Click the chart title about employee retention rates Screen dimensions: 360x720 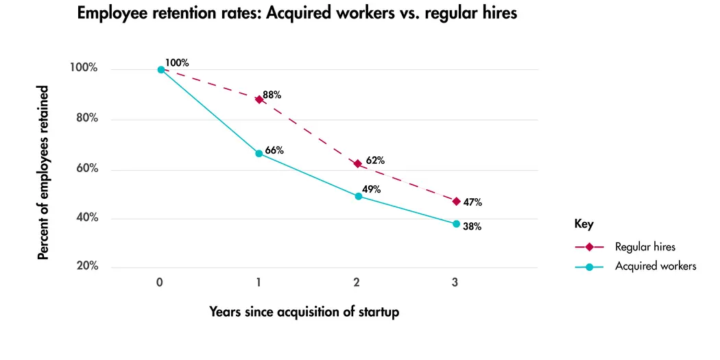(297, 14)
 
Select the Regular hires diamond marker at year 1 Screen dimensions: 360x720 (259, 99)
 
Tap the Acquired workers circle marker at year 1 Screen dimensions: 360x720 (259, 154)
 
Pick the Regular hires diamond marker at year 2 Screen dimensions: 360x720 (357, 164)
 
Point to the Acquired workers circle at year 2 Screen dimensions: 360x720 (358, 196)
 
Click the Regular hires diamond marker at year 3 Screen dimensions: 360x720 (456, 201)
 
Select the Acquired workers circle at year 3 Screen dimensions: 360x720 (456, 224)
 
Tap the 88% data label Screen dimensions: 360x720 (272, 95)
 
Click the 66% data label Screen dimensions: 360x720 (274, 150)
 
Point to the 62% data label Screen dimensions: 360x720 (375, 160)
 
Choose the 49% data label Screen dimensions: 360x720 (372, 190)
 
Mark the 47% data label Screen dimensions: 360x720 (472, 202)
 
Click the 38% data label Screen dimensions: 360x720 (472, 226)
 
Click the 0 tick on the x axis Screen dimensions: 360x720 (160, 283)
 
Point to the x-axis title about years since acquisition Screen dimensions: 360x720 (304, 311)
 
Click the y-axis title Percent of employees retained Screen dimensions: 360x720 (43, 173)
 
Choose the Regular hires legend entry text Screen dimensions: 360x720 (646, 247)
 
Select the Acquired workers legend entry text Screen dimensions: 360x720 (656, 266)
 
